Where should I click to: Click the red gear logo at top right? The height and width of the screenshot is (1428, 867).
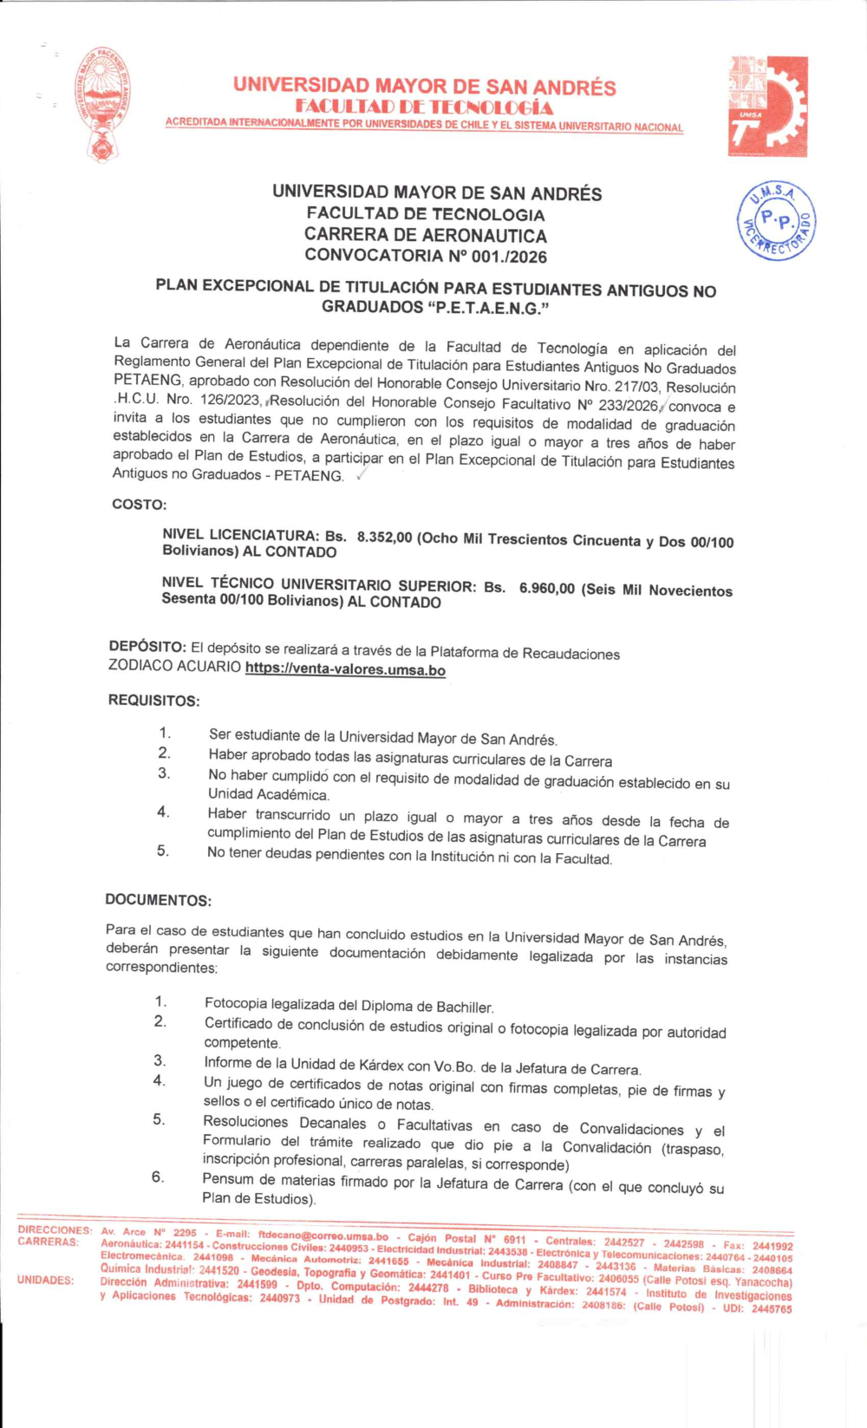(x=767, y=106)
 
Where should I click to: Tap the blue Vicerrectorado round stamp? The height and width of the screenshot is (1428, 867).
(x=776, y=222)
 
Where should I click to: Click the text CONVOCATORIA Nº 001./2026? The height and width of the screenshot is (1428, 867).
(x=426, y=256)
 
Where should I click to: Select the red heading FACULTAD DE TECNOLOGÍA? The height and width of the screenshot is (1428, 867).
(x=423, y=108)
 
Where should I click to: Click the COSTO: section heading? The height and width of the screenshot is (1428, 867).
(x=139, y=505)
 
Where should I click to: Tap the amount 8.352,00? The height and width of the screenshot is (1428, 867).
(x=384, y=538)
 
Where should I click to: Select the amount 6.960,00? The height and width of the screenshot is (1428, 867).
(x=546, y=589)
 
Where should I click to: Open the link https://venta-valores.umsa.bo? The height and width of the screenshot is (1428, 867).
(x=345, y=669)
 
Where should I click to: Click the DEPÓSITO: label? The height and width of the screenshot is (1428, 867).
(x=147, y=647)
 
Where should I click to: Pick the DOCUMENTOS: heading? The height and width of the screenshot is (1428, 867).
(x=158, y=900)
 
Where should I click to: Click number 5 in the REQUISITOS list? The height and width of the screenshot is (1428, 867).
(x=163, y=851)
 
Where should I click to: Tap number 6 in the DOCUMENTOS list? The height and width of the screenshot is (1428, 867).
(x=157, y=1177)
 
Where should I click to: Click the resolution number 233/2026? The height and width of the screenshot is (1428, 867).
(x=628, y=405)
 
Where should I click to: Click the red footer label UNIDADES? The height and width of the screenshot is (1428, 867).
(x=45, y=1280)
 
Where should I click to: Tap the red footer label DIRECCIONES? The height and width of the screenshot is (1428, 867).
(x=54, y=1230)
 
